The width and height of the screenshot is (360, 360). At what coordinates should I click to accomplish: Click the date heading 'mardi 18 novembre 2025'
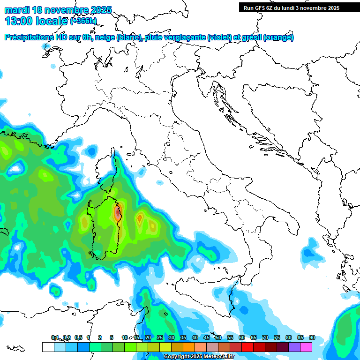pyautogui.click(x=58, y=10)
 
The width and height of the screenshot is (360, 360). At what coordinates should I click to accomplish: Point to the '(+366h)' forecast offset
pyautogui.click(x=83, y=21)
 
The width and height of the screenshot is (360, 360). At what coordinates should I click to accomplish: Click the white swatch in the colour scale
pyautogui.click(x=48, y=347)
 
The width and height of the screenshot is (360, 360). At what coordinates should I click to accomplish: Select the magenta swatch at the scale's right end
pyautogui.click(x=306, y=347)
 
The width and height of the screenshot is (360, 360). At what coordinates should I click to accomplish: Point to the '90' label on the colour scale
pyautogui.click(x=312, y=337)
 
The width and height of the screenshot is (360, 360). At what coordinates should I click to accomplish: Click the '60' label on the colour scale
pyautogui.click(x=242, y=337)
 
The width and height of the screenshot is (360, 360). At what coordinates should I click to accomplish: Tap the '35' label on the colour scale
pyautogui.click(x=183, y=337)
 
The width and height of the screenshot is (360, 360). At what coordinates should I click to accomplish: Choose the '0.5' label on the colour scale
pyautogui.click(x=78, y=337)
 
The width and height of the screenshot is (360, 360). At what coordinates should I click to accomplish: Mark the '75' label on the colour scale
pyautogui.click(x=277, y=337)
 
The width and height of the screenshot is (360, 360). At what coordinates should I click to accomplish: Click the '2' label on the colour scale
pyautogui.click(x=100, y=337)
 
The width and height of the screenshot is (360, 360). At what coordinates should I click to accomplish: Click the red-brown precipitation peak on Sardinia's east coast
pyautogui.click(x=117, y=213)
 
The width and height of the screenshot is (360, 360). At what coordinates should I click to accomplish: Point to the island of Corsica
pyautogui.click(x=107, y=171)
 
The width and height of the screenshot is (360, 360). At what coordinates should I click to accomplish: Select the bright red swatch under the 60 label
pyautogui.click(x=247, y=347)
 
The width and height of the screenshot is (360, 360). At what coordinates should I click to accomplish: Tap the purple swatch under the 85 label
pyautogui.click(x=294, y=347)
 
